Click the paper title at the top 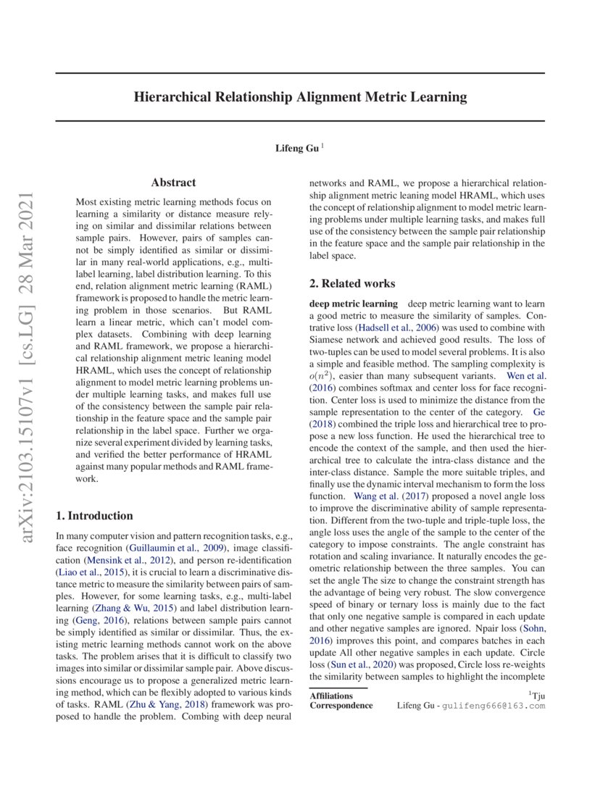coord(300,97)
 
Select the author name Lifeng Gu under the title coord(296,148)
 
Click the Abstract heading coord(173,183)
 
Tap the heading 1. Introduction coord(94,516)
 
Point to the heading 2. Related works coord(352,283)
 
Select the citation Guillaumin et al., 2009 coord(176,548)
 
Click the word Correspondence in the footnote coord(341,705)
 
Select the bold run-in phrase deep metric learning coord(353,304)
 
